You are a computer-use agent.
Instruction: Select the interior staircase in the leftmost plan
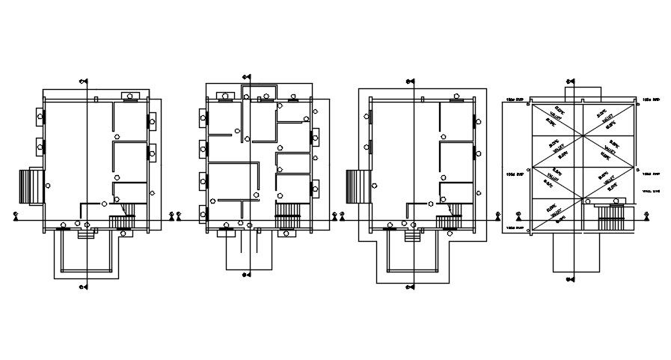click(120, 222)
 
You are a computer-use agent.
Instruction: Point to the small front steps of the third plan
click(411, 234)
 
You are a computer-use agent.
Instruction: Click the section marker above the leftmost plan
click(83, 82)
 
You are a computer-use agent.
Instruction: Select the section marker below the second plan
click(245, 275)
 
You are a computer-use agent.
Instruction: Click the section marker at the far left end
click(16, 216)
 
